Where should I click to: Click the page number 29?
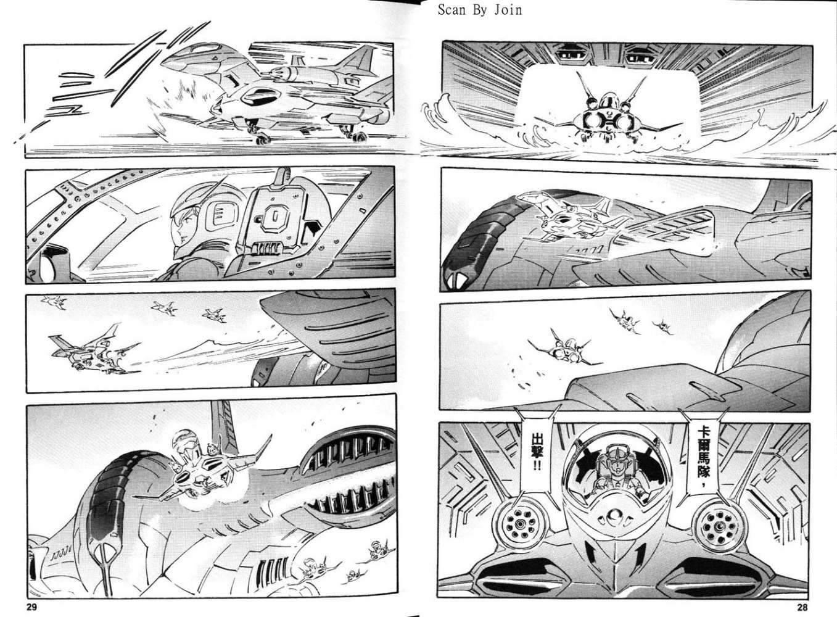pos(31,607)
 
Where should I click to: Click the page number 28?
pos(801,607)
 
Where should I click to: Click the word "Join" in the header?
pos(508,10)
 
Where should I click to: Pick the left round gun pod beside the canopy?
pos(520,525)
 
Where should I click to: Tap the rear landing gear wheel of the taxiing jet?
pos(359,137)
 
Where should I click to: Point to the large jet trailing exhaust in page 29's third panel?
pos(93,351)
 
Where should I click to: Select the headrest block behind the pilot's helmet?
pos(274,217)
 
